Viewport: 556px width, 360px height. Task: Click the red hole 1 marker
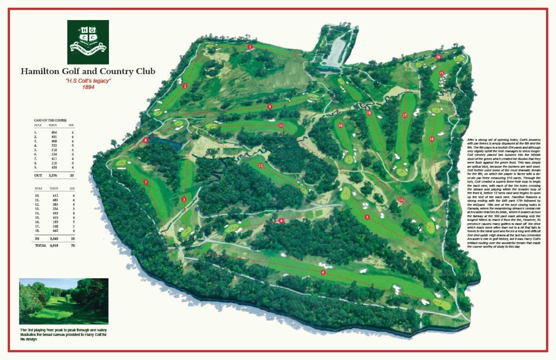(250, 47)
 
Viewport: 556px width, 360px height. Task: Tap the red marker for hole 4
(323, 272)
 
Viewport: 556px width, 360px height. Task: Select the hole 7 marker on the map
(146, 182)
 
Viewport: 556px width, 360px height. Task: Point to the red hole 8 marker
(146, 140)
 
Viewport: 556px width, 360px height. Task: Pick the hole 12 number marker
(261, 166)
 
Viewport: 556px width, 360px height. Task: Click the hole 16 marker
(438, 57)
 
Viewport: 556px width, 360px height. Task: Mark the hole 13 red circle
(401, 200)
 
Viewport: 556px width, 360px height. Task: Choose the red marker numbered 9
(269, 107)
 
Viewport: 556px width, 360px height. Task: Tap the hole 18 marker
(369, 113)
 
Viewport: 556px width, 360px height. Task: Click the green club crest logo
(88, 42)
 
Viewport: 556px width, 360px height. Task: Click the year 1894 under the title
(88, 87)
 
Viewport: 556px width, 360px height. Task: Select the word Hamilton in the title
(40, 71)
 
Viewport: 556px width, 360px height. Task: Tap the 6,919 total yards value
(54, 246)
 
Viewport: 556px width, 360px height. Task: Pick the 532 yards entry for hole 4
(54, 145)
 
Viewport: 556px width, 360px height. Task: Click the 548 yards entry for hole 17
(54, 226)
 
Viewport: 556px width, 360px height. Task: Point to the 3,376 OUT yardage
(53, 175)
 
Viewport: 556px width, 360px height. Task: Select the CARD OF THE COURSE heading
(50, 120)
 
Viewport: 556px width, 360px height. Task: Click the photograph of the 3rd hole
(64, 301)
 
